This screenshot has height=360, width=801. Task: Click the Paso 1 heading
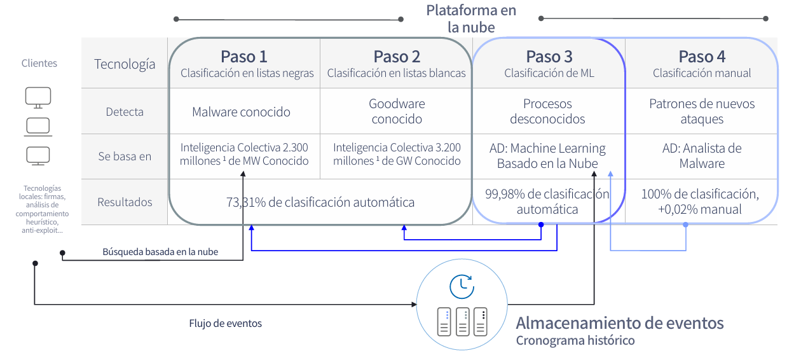244,57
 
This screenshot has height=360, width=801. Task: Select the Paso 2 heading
397,57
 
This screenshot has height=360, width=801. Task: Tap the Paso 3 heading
549,57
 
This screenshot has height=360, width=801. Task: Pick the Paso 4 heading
702,57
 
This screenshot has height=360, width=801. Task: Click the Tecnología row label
125,64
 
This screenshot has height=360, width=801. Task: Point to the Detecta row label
125,112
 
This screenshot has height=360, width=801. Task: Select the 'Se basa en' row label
125,156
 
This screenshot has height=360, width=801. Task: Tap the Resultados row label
125,202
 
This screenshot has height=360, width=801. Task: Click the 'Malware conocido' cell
241,112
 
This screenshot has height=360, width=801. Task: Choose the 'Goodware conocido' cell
397,111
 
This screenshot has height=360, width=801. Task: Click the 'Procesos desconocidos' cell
547,111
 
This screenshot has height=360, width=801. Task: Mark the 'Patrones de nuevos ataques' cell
702,111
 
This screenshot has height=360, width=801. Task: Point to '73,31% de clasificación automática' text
320,202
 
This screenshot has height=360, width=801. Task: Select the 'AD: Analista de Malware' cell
702,156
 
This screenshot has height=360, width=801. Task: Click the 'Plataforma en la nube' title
471,18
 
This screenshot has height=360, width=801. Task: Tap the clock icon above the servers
462,286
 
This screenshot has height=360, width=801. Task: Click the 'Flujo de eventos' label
225,323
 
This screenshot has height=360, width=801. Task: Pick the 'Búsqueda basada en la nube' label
160,252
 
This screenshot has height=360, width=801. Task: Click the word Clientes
39,64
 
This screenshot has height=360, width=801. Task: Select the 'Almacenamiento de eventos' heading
619,322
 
